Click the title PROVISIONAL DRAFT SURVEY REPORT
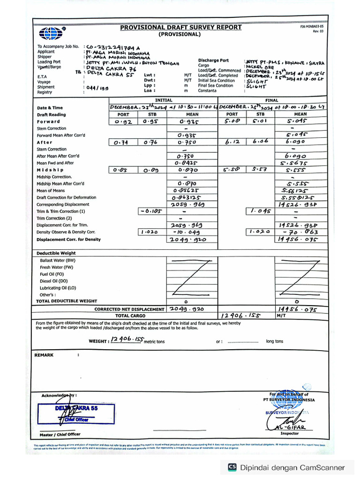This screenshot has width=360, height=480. [x=181, y=27]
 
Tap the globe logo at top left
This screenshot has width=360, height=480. [x=51, y=33]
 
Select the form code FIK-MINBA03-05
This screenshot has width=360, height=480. [x=312, y=27]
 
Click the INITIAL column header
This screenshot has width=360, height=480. [x=164, y=100]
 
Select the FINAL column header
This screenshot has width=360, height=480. [x=271, y=100]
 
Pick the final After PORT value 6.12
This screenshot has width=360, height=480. [x=232, y=142]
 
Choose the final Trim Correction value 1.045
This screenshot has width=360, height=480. [x=260, y=211]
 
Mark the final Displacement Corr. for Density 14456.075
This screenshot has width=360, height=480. [x=298, y=239]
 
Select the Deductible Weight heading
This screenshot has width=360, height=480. [x=56, y=253]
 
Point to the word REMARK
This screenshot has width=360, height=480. [x=44, y=355]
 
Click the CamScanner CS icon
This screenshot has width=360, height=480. [x=232, y=467]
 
